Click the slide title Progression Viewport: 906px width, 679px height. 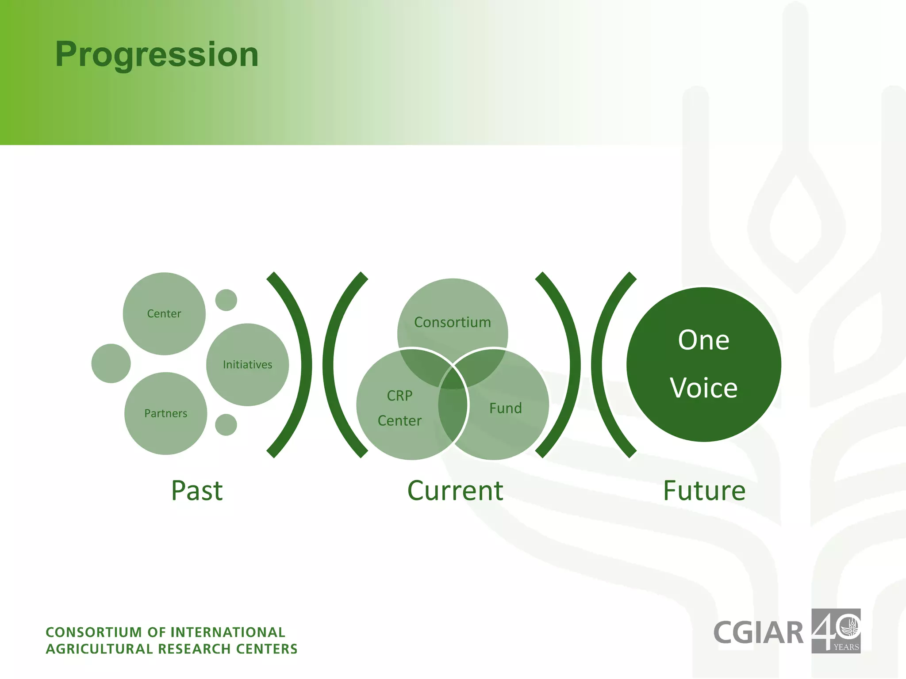tap(157, 54)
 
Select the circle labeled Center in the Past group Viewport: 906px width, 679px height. tap(164, 313)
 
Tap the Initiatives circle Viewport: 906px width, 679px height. tap(247, 365)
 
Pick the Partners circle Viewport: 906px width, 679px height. tap(166, 413)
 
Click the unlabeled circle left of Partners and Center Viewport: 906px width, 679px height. tap(111, 363)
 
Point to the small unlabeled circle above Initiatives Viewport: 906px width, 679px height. tap(226, 300)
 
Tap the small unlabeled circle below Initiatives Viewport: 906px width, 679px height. tap(226, 425)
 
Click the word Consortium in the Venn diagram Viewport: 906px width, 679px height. tap(453, 322)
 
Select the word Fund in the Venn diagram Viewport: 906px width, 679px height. tap(505, 408)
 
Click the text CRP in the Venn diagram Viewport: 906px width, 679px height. tap(399, 396)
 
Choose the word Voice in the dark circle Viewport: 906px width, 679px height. tap(703, 388)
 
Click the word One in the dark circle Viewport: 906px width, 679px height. tap(703, 340)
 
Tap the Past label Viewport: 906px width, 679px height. tap(197, 491)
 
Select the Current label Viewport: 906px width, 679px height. tap(455, 491)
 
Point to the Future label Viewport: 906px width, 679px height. tap(704, 491)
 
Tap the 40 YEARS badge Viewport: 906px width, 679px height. tap(836, 631)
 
